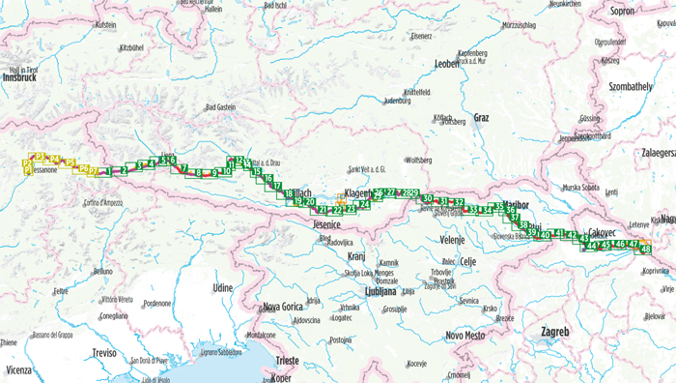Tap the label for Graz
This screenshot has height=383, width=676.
click(481, 118)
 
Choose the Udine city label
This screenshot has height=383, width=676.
click(223, 287)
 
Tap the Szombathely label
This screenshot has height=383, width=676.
click(632, 86)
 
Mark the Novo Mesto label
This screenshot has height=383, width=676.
click(465, 335)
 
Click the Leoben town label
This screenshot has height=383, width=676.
click(447, 65)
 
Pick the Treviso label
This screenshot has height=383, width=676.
click(105, 354)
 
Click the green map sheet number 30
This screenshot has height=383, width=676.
click(427, 200)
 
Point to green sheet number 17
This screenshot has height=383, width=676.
click(277, 187)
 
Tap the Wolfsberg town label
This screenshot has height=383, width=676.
click(417, 160)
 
